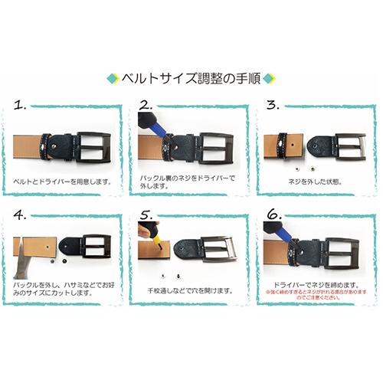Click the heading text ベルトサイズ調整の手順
(191, 78)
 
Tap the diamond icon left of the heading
(113, 78)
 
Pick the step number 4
(21, 215)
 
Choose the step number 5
(146, 215)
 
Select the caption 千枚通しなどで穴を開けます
(190, 291)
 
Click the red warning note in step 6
(314, 294)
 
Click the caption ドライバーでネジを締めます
(309, 283)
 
